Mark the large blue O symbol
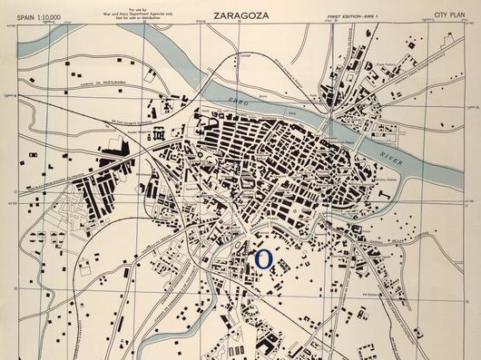[x=263, y=259]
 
